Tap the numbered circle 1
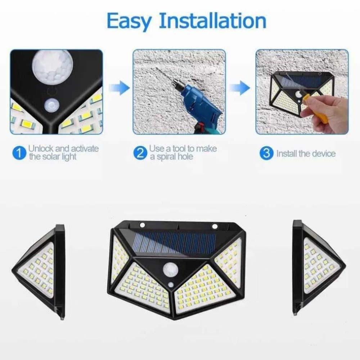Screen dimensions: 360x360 coord(18,153)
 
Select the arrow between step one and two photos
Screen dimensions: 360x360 coord(119,88)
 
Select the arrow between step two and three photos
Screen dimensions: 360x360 coord(240,88)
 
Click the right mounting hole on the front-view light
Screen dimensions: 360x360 coord(215,226)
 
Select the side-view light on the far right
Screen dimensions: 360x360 coord(317,268)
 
